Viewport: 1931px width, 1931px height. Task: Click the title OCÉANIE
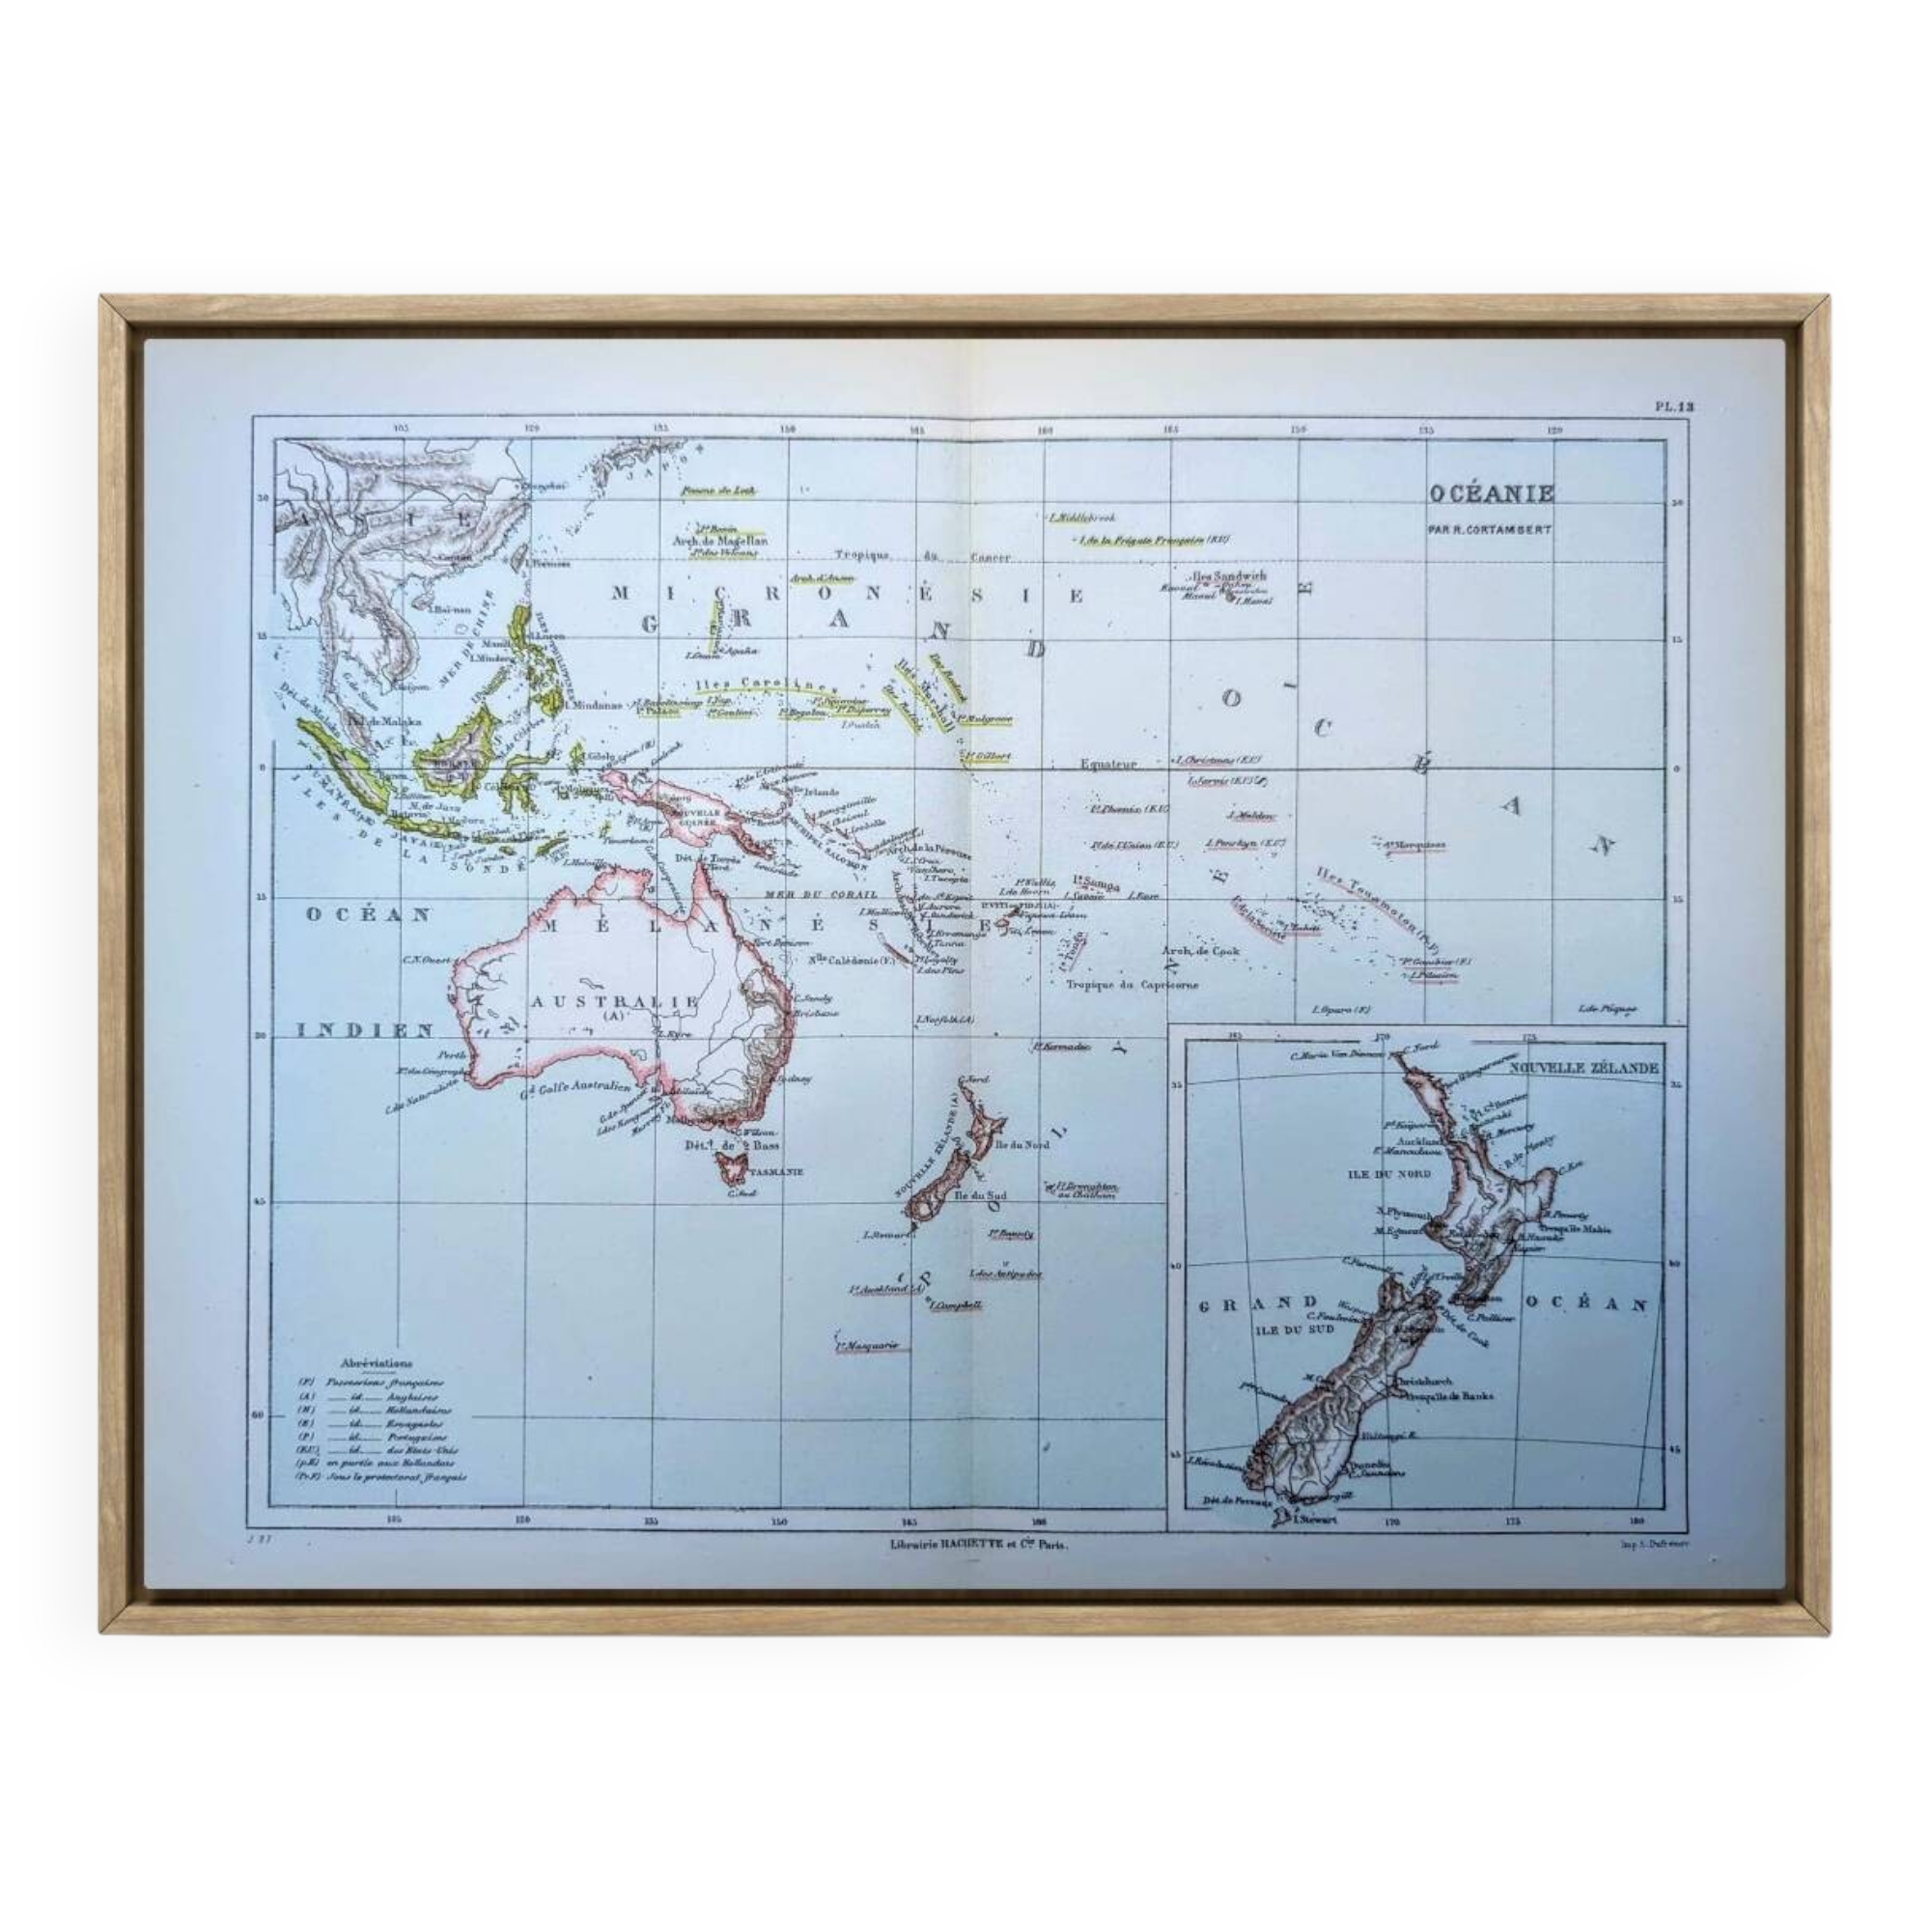tap(1490, 492)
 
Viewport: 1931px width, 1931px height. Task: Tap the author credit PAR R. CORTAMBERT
tap(1489, 529)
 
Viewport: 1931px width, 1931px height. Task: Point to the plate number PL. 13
tap(1674, 406)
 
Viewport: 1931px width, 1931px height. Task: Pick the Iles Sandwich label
tap(1228, 577)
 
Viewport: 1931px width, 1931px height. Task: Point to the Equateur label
tap(1108, 764)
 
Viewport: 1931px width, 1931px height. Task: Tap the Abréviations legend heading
tap(376, 1362)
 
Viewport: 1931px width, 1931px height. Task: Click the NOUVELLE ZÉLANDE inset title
tap(1584, 1068)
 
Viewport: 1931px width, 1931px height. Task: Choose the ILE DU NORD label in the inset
tap(1384, 1174)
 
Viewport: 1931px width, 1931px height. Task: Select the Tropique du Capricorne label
tap(1133, 985)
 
